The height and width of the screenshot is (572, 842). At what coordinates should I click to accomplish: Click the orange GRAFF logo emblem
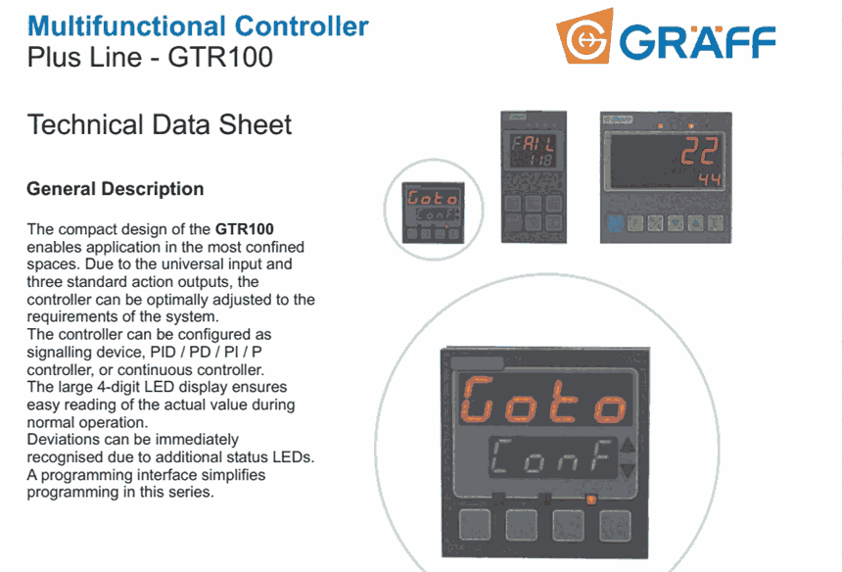(585, 36)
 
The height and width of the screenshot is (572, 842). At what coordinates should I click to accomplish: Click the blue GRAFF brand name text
(697, 41)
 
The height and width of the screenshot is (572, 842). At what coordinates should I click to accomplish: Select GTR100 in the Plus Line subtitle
(220, 57)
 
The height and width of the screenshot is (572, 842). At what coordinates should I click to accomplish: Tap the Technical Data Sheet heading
(160, 124)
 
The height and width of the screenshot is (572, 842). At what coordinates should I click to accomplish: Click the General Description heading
(116, 189)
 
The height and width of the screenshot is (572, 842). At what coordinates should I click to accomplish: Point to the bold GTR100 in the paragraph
(245, 229)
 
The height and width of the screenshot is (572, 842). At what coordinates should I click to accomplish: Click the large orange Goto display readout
(543, 401)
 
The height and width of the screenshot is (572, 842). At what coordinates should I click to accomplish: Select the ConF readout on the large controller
(551, 456)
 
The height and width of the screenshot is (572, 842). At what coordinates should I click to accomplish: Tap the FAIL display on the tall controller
(533, 143)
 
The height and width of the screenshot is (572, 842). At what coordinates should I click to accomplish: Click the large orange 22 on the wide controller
(699, 151)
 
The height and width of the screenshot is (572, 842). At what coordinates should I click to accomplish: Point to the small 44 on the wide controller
(710, 179)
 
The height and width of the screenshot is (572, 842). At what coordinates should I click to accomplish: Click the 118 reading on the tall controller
(539, 160)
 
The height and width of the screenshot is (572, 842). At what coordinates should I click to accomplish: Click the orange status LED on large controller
(590, 500)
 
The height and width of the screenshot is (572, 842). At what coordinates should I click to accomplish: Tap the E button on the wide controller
(716, 222)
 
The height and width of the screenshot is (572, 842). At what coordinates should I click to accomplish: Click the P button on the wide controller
(635, 223)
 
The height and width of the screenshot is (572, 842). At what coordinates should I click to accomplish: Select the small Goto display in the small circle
(433, 198)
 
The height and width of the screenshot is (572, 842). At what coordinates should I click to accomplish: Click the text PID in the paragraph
(164, 353)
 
